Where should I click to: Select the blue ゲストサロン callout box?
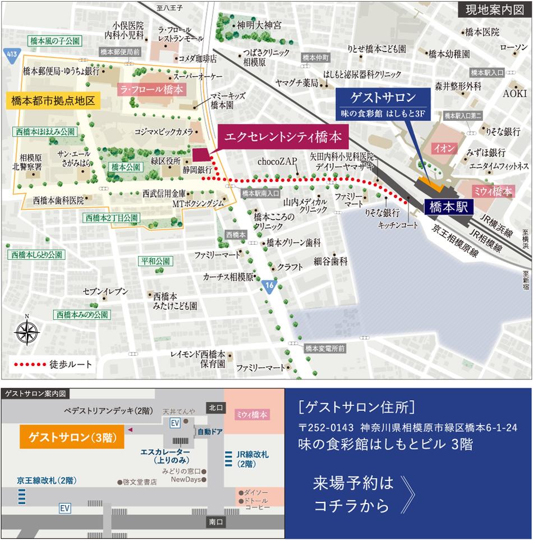(x=382, y=104)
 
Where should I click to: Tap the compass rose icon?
(x=26, y=332)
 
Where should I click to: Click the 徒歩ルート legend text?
(x=71, y=364)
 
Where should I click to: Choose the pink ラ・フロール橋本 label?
(x=150, y=89)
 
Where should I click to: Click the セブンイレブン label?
(x=105, y=291)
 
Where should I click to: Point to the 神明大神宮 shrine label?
(x=259, y=25)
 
